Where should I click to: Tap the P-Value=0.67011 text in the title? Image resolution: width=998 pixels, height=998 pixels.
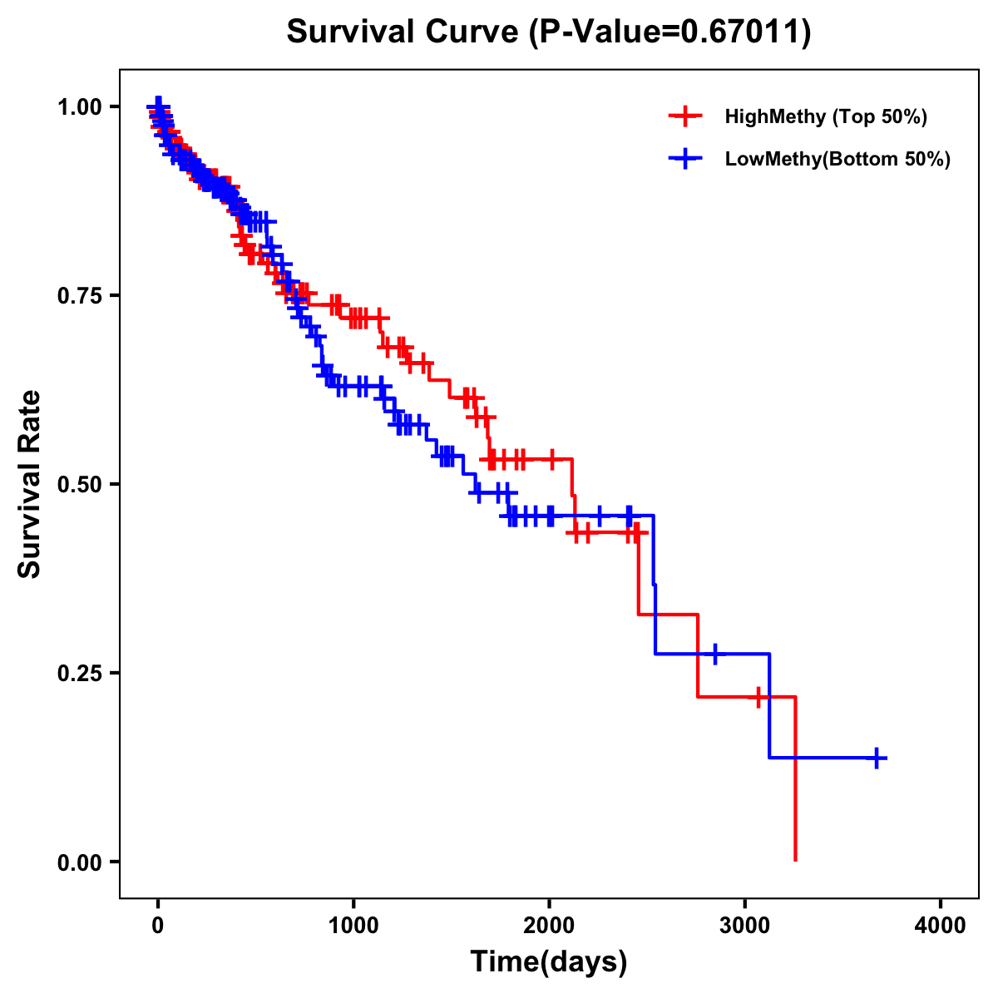click(x=671, y=32)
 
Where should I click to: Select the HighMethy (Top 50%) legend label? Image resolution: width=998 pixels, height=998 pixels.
click(x=826, y=116)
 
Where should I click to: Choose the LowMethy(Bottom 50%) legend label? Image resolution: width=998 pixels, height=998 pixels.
click(x=837, y=159)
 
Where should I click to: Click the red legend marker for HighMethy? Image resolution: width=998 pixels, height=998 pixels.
click(x=685, y=116)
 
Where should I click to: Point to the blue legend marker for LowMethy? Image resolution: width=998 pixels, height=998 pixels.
click(x=685, y=159)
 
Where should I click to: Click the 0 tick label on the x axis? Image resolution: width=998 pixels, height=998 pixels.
click(x=158, y=926)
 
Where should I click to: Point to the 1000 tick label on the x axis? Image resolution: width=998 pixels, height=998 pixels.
click(x=353, y=926)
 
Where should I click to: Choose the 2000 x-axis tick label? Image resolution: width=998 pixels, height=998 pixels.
click(x=549, y=926)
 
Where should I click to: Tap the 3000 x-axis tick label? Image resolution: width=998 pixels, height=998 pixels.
click(x=745, y=926)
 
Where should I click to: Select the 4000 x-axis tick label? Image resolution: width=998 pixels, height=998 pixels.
click(x=941, y=926)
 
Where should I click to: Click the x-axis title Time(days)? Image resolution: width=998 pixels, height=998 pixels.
click(x=549, y=962)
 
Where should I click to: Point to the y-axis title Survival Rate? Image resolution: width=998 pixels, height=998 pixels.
click(x=30, y=484)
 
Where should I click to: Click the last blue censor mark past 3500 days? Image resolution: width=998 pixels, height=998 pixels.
click(x=877, y=758)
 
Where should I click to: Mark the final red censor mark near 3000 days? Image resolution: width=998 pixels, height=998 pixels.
click(x=758, y=697)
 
